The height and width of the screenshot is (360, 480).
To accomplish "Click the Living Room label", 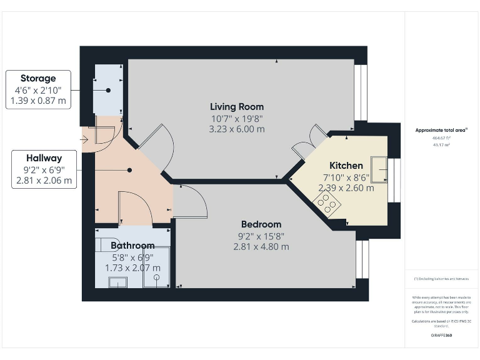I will click(x=237, y=106).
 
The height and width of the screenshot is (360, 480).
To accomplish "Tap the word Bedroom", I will click(x=261, y=224).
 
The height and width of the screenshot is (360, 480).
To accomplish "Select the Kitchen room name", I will click(x=346, y=166).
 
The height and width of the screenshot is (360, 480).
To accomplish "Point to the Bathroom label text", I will click(x=132, y=246).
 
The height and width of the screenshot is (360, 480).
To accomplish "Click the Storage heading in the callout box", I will click(x=38, y=78).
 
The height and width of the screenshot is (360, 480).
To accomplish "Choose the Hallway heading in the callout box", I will click(x=44, y=158).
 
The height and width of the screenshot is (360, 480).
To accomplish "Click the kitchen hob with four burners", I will click(x=328, y=203).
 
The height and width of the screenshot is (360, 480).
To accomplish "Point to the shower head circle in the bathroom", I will click(x=158, y=276).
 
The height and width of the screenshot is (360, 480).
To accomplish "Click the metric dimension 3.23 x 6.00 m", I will click(x=237, y=129).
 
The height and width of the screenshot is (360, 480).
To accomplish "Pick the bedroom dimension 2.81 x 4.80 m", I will click(x=261, y=246).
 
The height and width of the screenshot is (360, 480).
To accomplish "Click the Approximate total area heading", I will click(x=441, y=130).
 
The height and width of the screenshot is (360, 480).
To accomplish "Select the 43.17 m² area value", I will click(x=441, y=144).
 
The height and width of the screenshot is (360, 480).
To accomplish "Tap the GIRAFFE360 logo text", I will click(x=441, y=336).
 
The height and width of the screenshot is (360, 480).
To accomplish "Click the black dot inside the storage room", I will click(x=108, y=91).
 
